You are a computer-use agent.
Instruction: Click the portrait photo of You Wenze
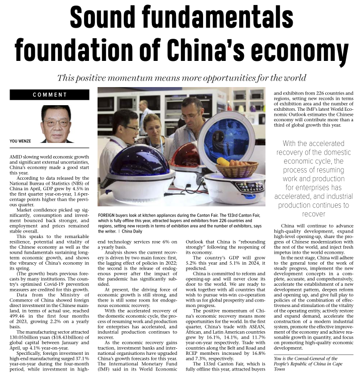click(56, 123)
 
